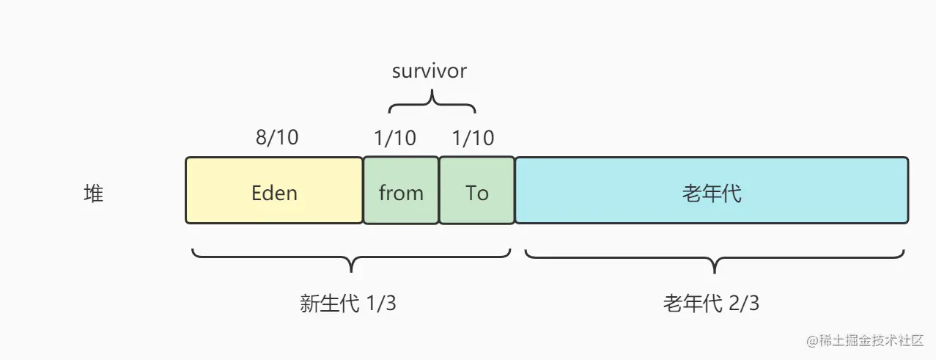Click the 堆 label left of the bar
coord(94,194)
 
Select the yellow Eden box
coord(274,191)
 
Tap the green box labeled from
coord(401,191)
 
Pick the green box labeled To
coord(477,191)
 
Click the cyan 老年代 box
coord(711,191)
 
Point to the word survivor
coord(430,71)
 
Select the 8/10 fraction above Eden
coord(278,138)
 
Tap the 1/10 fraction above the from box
coord(395,138)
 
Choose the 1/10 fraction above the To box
coord(473,138)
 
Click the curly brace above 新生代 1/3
coord(351,260)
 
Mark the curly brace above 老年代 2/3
coord(714,260)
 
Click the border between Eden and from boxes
coord(364,191)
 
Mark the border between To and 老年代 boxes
coord(515,191)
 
